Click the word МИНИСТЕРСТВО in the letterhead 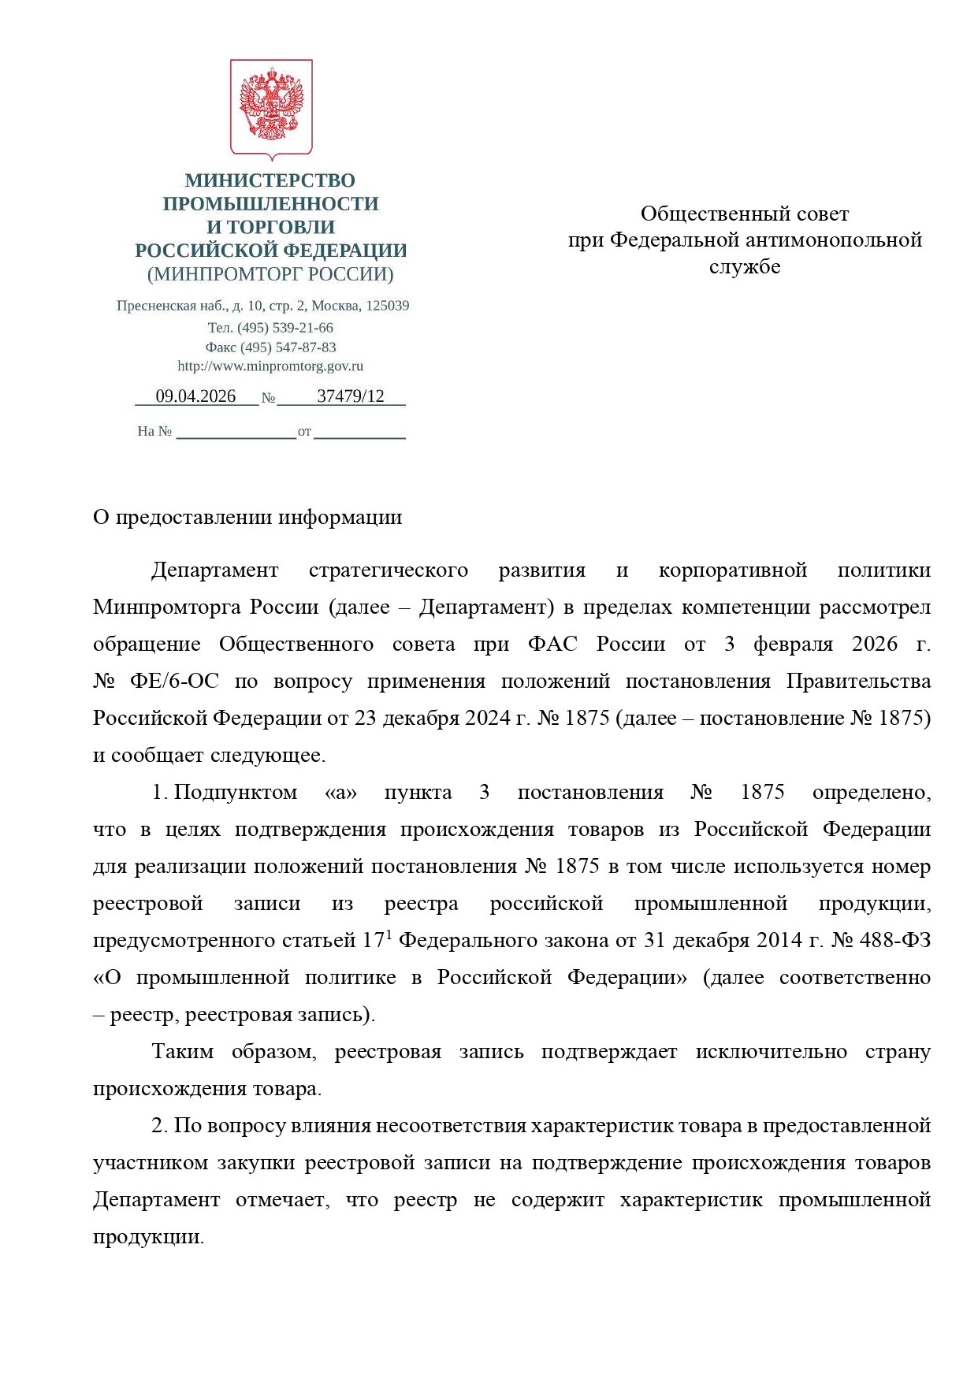pos(270,180)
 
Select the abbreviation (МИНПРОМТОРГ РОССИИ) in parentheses pos(270,274)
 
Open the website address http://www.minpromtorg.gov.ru pos(270,366)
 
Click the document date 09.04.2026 pos(195,396)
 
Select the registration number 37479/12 pos(351,396)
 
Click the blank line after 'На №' pos(236,433)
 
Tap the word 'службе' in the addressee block pos(745,266)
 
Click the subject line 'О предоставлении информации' pos(247,518)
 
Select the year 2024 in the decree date pos(488,719)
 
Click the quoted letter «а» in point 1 pos(340,793)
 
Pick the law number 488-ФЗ pos(898,941)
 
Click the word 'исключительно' pos(771,1053)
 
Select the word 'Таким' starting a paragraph pos(182,1053)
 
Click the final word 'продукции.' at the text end pos(149,1237)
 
